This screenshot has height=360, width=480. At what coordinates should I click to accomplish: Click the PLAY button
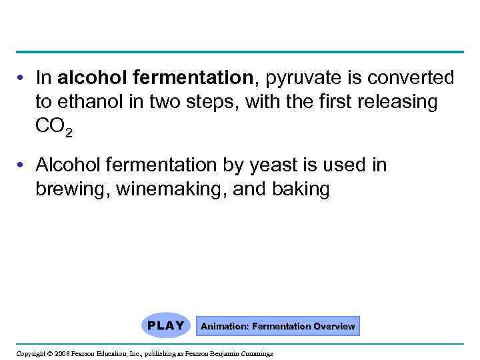pos(166,326)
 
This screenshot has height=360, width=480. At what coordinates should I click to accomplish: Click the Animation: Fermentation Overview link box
pos(278,327)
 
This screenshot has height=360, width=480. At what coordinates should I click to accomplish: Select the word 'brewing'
pos(72,190)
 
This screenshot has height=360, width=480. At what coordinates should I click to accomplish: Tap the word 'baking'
pos(301,190)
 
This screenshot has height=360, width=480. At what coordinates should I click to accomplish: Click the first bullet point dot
pos(23,79)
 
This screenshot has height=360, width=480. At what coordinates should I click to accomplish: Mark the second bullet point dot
pos(23,165)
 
